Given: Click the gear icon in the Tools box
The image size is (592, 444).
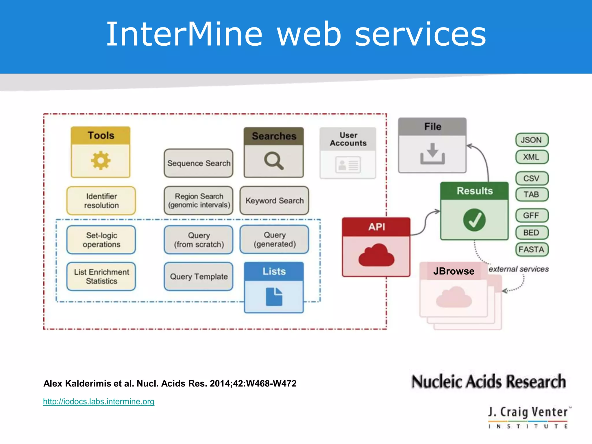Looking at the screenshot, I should coord(101,160).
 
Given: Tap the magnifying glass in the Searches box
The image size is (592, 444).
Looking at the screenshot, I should coord(273,160).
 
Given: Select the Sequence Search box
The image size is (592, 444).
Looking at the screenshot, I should coord(199,163).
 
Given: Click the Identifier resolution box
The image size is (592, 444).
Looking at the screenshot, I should coord(101,201).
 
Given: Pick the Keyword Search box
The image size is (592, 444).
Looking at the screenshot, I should coord(274,201).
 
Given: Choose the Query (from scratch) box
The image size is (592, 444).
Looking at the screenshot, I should coord(199,240).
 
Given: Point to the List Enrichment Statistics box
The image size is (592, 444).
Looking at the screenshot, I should coord(101,277).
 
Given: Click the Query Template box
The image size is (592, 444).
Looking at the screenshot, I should coord(199,277).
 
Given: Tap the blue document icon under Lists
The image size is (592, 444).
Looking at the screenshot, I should coord(274,297).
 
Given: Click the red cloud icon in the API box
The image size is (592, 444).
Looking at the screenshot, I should coord(376,255).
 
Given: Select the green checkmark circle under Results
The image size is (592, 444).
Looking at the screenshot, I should coord(474,220).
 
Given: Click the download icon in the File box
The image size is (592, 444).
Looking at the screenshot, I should coord(432,154).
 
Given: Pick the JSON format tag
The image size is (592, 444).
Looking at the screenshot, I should coord(532,140).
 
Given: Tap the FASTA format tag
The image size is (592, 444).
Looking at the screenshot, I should coord(532,249).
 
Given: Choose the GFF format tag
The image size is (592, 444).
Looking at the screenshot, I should coord(532,216).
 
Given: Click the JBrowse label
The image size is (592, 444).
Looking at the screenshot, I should coord(454,271).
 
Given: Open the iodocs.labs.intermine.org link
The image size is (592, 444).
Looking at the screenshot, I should coord(99,402).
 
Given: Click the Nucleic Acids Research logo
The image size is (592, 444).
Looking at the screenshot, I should coord(489,382).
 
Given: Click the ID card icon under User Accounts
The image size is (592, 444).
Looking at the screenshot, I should coord(348,165).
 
